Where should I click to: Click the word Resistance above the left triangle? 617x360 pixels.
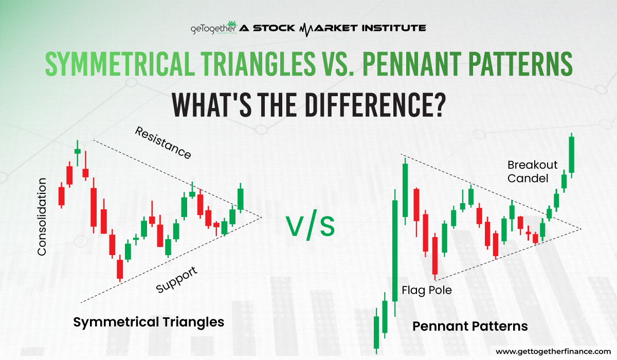point(163,142)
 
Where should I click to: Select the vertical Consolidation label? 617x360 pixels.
point(42,217)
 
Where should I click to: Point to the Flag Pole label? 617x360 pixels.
point(426,291)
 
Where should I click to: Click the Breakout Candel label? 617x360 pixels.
point(532,172)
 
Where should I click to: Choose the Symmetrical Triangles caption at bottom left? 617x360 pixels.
point(149,322)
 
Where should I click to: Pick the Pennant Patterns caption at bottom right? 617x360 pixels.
point(470,326)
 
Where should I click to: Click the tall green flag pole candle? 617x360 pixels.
point(395,250)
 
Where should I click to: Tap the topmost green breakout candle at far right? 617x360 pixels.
point(571,154)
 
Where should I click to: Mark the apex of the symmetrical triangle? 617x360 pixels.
point(262,217)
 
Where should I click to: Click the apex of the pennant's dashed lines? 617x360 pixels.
point(582,229)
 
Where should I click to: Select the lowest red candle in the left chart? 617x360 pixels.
point(120,269)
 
